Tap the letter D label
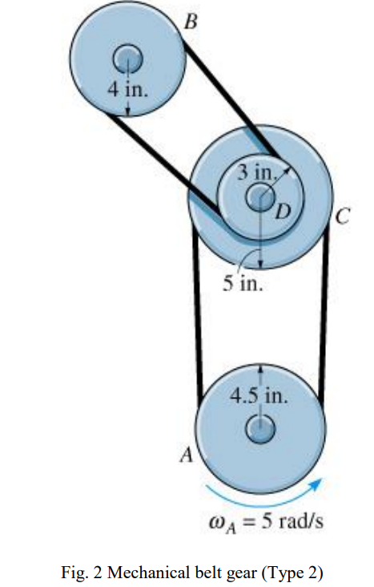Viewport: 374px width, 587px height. (x=280, y=212)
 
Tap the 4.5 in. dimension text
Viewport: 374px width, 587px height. (x=259, y=396)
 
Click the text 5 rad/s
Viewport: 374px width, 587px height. (x=292, y=522)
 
